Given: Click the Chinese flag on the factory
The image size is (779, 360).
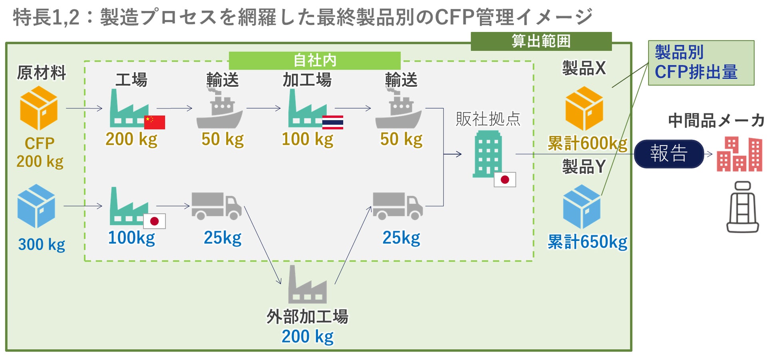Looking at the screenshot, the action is pyautogui.click(x=154, y=122).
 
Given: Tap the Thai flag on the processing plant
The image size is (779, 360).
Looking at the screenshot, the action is pyautogui.click(x=332, y=122).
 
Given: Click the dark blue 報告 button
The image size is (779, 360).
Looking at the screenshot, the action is pyautogui.click(x=668, y=154).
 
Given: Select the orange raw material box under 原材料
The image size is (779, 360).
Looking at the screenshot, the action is pyautogui.click(x=39, y=108).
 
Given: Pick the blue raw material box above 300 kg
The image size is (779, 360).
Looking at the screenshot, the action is pyautogui.click(x=36, y=206).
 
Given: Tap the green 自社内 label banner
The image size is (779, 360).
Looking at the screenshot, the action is pyautogui.click(x=314, y=60).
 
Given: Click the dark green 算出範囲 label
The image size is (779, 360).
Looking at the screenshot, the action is pyautogui.click(x=541, y=41).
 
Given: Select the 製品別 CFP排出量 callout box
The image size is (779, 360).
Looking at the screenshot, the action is pyautogui.click(x=701, y=63).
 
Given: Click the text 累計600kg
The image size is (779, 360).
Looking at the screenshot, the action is pyautogui.click(x=587, y=143).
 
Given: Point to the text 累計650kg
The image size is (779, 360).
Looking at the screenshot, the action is pyautogui.click(x=587, y=242).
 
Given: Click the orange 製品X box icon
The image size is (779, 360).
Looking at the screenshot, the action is pyautogui.click(x=584, y=108).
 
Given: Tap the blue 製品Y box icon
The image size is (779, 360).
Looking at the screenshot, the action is pyautogui.click(x=582, y=206).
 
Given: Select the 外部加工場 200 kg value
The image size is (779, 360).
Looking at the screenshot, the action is pyautogui.click(x=307, y=336).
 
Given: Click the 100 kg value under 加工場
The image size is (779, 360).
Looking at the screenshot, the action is pyautogui.click(x=307, y=139).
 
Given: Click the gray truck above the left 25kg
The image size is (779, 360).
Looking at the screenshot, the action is pyautogui.click(x=216, y=206).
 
